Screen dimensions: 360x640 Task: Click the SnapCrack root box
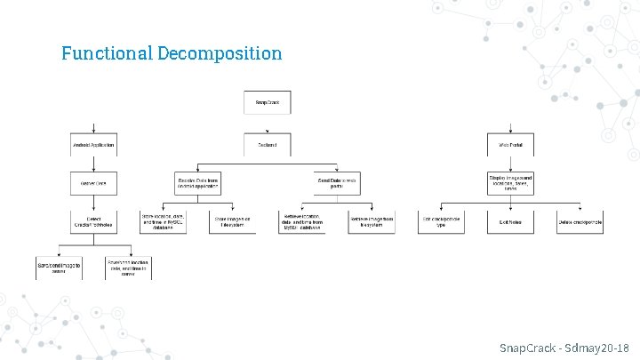pos(267,102)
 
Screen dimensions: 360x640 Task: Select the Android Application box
pos(93,144)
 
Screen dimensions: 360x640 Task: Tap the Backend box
pos(267,144)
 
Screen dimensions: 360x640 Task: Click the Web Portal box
pos(510,144)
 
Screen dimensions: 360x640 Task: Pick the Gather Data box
pos(93,183)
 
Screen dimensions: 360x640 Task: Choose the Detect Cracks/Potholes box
pos(93,221)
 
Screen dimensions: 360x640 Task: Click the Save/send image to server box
pos(59,267)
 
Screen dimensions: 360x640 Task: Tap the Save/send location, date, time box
pos(128,267)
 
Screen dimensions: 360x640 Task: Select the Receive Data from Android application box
pos(197,183)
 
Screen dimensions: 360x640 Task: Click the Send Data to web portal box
pos(337,183)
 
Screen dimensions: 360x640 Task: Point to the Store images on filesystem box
pos(232,221)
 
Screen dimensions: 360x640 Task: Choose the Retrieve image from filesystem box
pos(372,221)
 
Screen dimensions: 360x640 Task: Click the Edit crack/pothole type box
pos(441,221)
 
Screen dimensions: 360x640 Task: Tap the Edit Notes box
pos(510,221)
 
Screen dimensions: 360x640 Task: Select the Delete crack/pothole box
pos(580,221)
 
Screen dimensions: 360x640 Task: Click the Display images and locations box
pos(510,183)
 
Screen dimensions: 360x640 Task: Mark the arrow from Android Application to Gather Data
pos(93,164)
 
